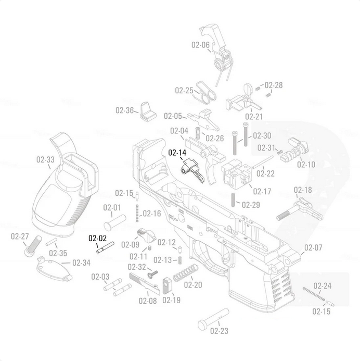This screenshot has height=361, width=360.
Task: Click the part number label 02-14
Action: point(177,153)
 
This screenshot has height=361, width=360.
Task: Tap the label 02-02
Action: point(97,239)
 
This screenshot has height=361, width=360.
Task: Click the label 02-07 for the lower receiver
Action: point(314,247)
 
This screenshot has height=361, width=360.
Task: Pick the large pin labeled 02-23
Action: point(213,318)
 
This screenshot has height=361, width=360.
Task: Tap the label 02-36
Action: point(125,110)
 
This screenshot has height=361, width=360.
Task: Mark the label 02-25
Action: point(184,90)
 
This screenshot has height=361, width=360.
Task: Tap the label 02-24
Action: point(322,286)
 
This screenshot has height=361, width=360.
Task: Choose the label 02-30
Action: point(262,135)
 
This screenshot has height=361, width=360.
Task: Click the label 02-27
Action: point(20,236)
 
